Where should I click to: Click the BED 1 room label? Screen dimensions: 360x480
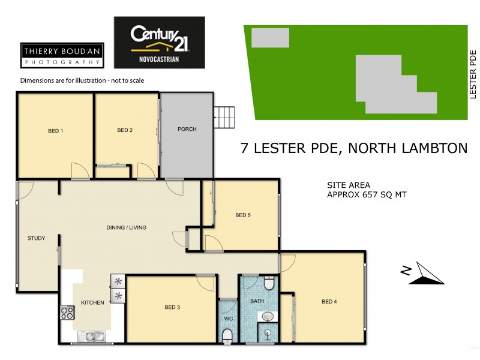[x=55, y=131]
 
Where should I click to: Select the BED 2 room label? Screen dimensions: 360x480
[x=124, y=130]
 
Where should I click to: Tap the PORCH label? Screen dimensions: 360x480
[x=187, y=130]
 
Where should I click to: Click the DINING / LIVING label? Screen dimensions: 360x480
[x=126, y=227]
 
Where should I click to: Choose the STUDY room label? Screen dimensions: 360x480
[x=36, y=238]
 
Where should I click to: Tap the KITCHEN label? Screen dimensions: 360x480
[x=92, y=303]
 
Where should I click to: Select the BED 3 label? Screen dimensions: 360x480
[x=172, y=308]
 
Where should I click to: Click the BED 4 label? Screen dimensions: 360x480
[x=329, y=302]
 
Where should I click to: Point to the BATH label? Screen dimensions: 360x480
[x=257, y=301]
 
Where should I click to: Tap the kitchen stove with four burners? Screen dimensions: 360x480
[x=66, y=313]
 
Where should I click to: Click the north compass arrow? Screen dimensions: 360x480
[x=423, y=274]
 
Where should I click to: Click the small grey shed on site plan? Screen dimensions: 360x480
[x=269, y=38]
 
